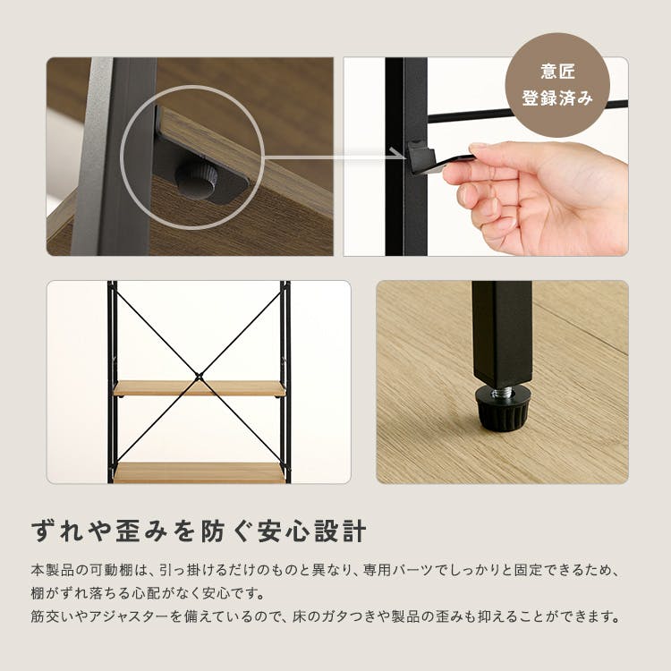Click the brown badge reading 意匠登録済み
(557, 85)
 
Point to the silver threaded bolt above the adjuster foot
(501, 391)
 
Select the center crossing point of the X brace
(199, 377)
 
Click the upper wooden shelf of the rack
(199, 388)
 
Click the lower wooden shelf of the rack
(199, 472)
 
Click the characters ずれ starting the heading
(58, 531)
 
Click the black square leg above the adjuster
(503, 333)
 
